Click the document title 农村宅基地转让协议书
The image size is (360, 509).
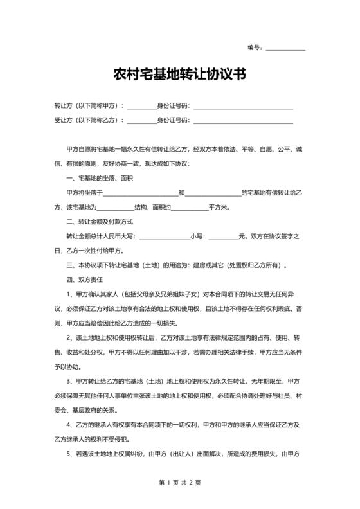click(179, 75)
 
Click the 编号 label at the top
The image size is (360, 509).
click(255, 48)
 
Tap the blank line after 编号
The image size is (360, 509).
click(285, 49)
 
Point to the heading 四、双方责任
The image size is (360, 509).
click(81, 280)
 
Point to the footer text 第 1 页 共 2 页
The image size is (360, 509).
click(179, 483)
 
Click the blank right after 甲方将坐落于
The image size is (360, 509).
click(140, 193)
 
